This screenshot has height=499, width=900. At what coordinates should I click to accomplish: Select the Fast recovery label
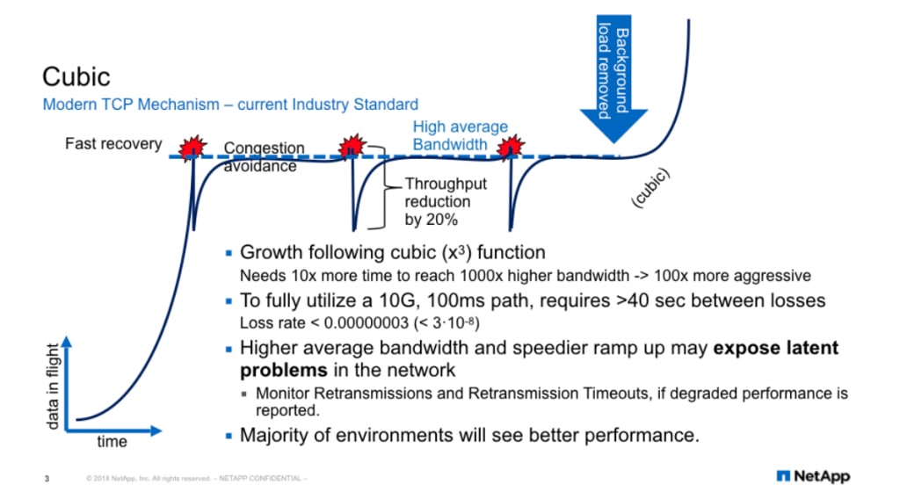pyautogui.click(x=113, y=143)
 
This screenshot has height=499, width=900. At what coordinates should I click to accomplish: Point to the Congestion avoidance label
pyautogui.click(x=264, y=157)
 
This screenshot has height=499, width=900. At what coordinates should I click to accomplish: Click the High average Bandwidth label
pyautogui.click(x=461, y=135)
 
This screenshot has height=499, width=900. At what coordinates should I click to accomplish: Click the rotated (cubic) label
pyautogui.click(x=651, y=188)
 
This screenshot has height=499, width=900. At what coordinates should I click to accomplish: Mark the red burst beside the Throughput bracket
pyautogui.click(x=352, y=146)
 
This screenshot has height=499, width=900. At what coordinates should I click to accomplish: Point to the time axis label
pyautogui.click(x=112, y=442)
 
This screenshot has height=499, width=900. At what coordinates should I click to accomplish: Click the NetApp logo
pyautogui.click(x=813, y=476)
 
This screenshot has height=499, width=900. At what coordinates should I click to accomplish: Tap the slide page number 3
pyautogui.click(x=47, y=479)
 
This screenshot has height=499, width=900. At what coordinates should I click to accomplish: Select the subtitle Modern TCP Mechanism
pyautogui.click(x=230, y=105)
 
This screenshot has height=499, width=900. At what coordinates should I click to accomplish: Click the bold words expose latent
pyautogui.click(x=776, y=348)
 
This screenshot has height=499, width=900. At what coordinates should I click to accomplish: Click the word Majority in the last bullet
pyautogui.click(x=278, y=435)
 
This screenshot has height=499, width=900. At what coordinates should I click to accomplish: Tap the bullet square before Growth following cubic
pyautogui.click(x=229, y=255)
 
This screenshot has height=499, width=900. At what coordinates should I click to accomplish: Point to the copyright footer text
pyautogui.click(x=197, y=479)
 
